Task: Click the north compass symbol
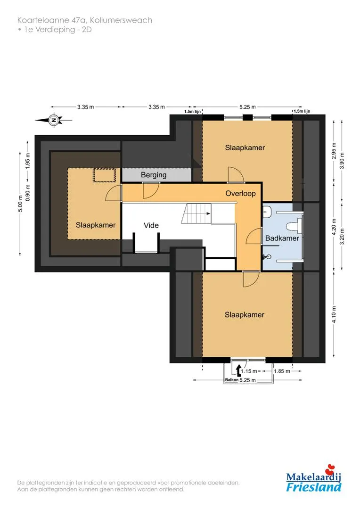click(x=54, y=120)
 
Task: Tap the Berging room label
click(x=154, y=175)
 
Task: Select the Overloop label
click(x=240, y=194)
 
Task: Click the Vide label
click(x=151, y=225)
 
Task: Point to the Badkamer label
click(x=282, y=238)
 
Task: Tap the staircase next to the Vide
click(x=196, y=213)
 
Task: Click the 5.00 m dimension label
click(x=20, y=204)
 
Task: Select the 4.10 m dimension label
click(x=334, y=314)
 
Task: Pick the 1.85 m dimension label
click(x=282, y=371)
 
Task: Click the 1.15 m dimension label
click(x=249, y=371)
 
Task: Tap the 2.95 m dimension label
click(x=334, y=151)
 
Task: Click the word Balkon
click(x=232, y=379)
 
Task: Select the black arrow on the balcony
click(x=239, y=370)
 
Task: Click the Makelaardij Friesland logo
click(x=313, y=479)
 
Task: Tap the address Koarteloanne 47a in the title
click(x=52, y=20)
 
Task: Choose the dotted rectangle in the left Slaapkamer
click(x=105, y=175)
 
